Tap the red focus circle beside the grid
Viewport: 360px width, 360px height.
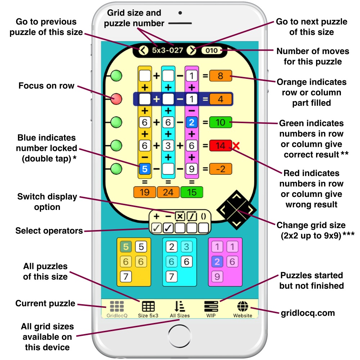click(x=116, y=99)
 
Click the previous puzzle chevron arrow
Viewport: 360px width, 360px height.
click(x=143, y=50)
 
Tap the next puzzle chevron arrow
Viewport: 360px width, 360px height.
click(x=192, y=50)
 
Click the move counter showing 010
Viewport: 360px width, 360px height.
click(x=212, y=50)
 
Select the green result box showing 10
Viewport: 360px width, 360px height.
click(x=220, y=122)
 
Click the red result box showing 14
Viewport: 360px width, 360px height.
click(x=220, y=146)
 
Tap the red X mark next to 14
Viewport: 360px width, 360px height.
click(x=237, y=146)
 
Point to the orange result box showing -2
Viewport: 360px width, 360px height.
click(x=220, y=169)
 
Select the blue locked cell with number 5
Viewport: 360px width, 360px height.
click(x=144, y=169)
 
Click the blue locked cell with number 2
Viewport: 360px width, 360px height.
click(x=192, y=122)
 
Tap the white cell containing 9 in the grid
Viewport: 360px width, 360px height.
click(x=192, y=169)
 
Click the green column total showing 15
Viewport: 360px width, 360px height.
click(x=192, y=192)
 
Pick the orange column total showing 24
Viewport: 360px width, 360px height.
click(x=168, y=192)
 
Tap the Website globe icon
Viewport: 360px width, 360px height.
click(x=243, y=306)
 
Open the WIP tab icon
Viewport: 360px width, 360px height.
click(x=211, y=306)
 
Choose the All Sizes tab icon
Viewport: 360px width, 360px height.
click(x=179, y=306)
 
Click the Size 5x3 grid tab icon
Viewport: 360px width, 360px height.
click(x=148, y=306)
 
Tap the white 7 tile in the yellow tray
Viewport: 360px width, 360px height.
click(x=126, y=276)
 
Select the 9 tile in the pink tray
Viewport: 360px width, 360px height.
click(x=217, y=276)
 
